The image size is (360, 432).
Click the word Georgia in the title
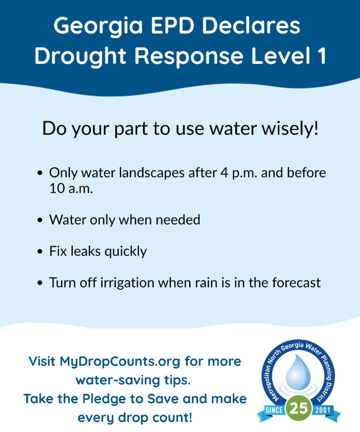point(98,26)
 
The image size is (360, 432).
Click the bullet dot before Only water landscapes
point(40,173)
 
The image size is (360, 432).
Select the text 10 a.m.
point(71,189)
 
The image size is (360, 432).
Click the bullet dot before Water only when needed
point(40,220)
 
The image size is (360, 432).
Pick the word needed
point(178,220)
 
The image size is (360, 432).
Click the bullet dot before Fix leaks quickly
point(40,252)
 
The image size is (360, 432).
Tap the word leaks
point(86,251)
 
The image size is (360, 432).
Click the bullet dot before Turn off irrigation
point(40,283)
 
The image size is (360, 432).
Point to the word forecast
point(297,283)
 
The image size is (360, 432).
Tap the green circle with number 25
point(299,408)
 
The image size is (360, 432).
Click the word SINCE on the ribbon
point(274,410)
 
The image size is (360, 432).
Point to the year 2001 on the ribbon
point(322,410)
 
